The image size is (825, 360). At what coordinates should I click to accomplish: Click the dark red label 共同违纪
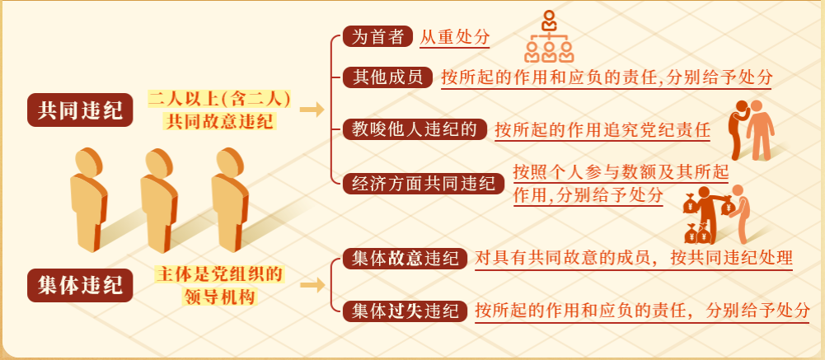click(80, 111)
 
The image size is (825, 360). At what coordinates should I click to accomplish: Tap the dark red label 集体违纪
click(80, 287)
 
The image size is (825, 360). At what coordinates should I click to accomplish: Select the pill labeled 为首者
click(377, 37)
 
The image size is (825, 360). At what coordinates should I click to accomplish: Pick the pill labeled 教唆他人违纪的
click(415, 129)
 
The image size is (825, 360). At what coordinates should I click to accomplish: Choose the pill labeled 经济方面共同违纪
click(424, 184)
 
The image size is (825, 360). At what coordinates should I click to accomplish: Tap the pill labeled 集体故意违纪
click(405, 259)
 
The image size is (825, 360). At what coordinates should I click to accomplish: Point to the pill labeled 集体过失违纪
click(405, 311)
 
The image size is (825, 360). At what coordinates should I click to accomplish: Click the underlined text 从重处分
click(455, 37)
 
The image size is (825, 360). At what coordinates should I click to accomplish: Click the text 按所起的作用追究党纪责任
click(602, 130)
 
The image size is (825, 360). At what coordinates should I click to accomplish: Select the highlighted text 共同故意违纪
click(219, 121)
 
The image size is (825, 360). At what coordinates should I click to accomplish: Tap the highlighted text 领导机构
click(219, 297)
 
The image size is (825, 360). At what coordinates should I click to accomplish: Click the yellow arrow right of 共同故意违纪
click(312, 110)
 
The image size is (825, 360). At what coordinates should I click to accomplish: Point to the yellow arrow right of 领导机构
click(312, 285)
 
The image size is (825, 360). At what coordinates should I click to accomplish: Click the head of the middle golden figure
click(158, 162)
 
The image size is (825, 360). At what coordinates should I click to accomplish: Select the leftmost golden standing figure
click(88, 199)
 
